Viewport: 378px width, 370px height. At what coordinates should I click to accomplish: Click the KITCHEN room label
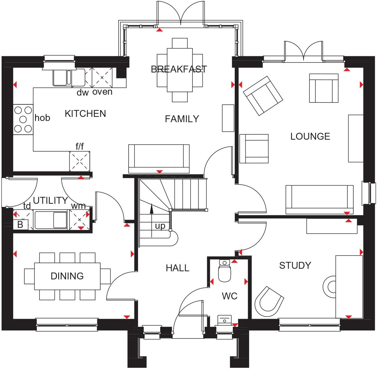[85, 114]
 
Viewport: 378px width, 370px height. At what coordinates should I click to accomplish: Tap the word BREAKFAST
[179, 69]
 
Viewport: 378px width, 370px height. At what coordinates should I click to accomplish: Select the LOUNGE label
[310, 136]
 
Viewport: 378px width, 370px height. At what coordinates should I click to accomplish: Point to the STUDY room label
[295, 265]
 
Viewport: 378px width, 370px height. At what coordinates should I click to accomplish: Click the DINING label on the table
[67, 276]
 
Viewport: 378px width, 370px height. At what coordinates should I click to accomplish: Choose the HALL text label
[177, 268]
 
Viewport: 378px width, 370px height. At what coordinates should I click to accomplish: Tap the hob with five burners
[23, 119]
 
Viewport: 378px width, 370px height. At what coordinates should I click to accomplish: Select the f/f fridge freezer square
[80, 161]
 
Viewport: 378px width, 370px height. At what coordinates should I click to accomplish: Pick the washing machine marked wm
[79, 219]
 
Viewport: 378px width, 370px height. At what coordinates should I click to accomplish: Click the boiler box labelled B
[20, 225]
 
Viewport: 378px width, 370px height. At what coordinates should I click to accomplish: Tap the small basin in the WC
[224, 320]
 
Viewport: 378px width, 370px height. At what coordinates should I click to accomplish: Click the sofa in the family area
[159, 158]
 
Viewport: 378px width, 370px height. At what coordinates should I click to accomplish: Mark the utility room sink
[51, 220]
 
